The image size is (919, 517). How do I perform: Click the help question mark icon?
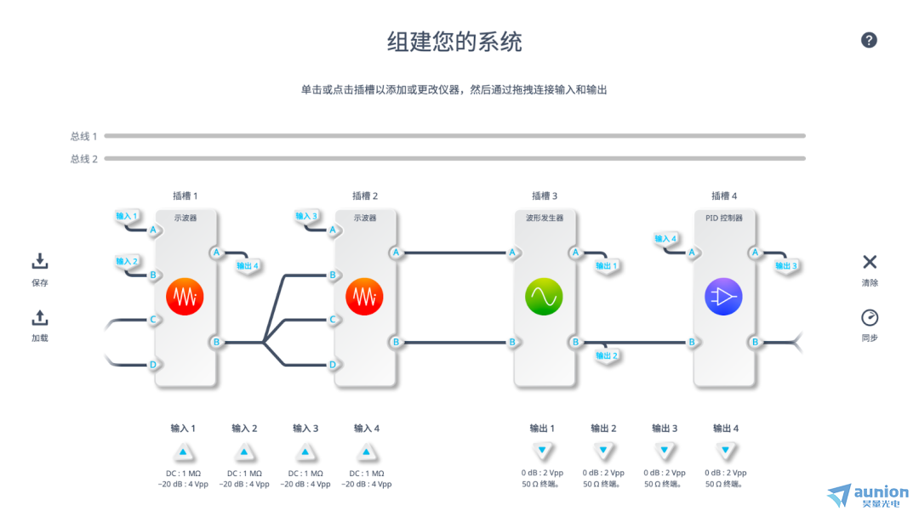(x=869, y=40)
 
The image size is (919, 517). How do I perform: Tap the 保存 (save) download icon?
(x=40, y=262)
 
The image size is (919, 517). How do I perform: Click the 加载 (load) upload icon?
(x=40, y=318)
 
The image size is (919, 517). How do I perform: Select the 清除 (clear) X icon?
(x=870, y=262)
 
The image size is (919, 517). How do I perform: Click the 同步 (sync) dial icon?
(x=870, y=318)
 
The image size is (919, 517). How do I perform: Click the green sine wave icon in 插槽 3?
(x=544, y=297)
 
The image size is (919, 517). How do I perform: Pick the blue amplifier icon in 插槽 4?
(x=723, y=297)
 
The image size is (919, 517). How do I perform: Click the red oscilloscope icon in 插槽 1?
(x=185, y=297)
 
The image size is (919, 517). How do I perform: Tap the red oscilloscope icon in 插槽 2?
(x=364, y=297)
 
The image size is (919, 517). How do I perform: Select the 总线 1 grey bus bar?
(x=454, y=136)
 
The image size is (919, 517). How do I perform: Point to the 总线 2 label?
(x=83, y=159)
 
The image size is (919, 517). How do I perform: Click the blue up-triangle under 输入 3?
(x=305, y=452)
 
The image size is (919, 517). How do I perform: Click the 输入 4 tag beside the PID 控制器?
(x=666, y=239)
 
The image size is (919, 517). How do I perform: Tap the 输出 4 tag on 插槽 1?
(x=248, y=266)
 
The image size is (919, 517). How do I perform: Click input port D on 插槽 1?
(x=154, y=365)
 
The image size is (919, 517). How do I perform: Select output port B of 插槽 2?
(x=396, y=342)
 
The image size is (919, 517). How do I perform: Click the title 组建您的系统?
(x=454, y=42)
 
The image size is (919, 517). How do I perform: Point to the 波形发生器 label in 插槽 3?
(x=544, y=218)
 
